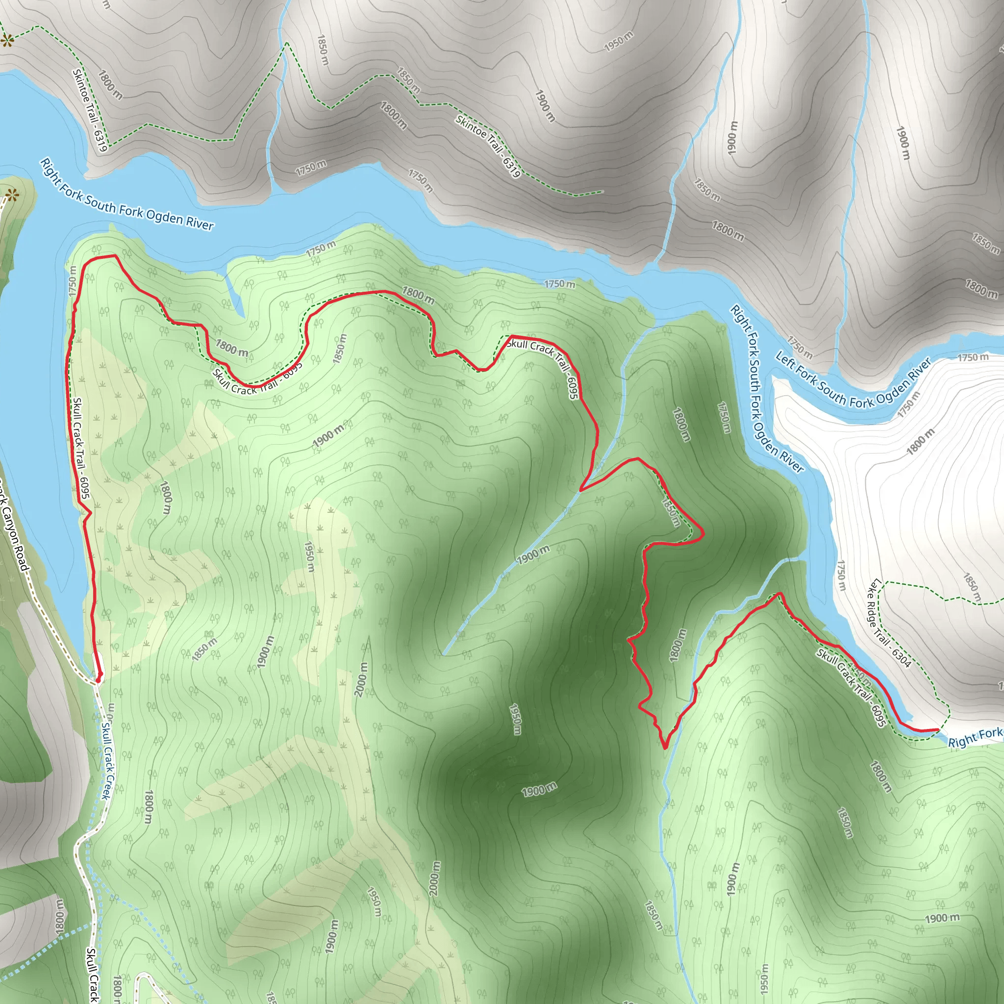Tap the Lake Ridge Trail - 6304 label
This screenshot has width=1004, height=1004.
point(889,623)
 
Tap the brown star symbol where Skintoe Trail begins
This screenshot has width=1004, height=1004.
point(6,40)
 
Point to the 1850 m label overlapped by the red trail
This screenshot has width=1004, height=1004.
point(670,512)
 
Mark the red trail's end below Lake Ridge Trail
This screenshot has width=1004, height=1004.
point(937,730)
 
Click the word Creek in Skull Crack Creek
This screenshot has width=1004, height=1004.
point(105,785)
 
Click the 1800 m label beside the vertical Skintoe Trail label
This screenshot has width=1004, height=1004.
point(111,85)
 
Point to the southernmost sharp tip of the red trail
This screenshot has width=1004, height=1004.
point(665,748)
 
